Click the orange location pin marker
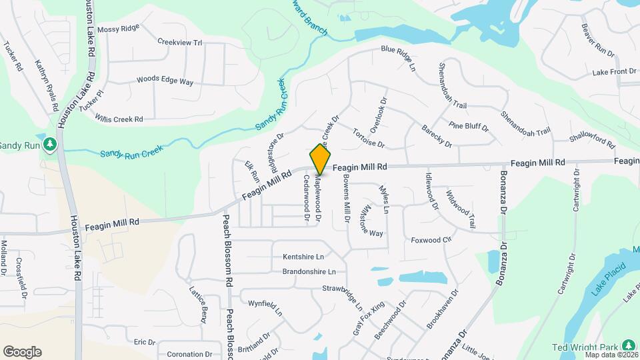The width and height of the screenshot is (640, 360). pyautogui.click(x=321, y=159)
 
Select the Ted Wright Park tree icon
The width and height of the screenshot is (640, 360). pyautogui.click(x=628, y=345)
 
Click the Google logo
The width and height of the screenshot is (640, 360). pyautogui.click(x=22, y=352)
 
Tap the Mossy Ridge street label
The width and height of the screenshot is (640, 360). pyautogui.click(x=118, y=29)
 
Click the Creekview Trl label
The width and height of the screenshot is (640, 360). pyautogui.click(x=179, y=42)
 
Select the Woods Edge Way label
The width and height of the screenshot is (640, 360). pyautogui.click(x=165, y=81)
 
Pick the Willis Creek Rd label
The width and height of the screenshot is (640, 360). pyautogui.click(x=119, y=119)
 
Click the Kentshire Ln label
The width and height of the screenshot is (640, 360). pyautogui.click(x=303, y=257)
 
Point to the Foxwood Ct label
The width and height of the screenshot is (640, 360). pyautogui.click(x=431, y=240)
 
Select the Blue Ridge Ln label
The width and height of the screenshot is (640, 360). pyautogui.click(x=399, y=57)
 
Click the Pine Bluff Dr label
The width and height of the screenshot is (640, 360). pyautogui.click(x=469, y=125)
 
